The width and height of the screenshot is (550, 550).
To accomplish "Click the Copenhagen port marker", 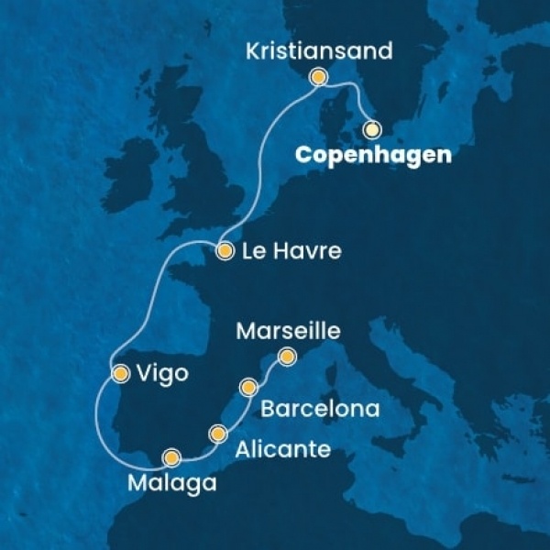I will tap(371, 129).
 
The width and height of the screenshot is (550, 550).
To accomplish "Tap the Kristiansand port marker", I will tap(318, 78).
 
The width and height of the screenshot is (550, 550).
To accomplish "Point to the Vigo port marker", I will tap(120, 372).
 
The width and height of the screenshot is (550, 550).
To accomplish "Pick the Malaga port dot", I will tap(171, 456).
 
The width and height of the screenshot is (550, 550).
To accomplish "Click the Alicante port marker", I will tap(217, 433).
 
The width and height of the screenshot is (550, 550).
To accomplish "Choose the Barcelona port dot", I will tap(247, 388).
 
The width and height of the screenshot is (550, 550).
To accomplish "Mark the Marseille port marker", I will tap(287, 357).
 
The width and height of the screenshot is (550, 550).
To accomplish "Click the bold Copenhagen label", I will tap(372, 156).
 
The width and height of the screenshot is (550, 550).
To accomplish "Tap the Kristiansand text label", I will tap(320, 51).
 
